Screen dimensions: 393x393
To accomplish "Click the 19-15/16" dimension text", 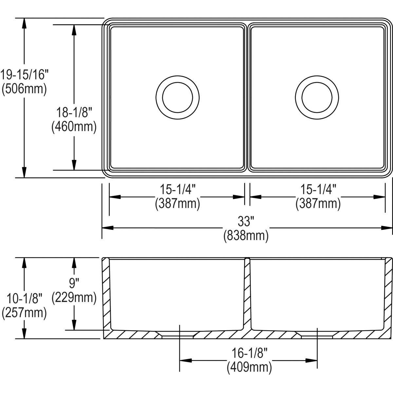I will click(x=24, y=75).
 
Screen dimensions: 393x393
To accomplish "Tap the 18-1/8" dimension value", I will click(x=74, y=113).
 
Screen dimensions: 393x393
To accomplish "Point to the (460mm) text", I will click(x=74, y=127).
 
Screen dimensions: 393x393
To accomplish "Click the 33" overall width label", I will click(x=246, y=222).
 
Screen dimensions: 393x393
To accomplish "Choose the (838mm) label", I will click(x=246, y=235).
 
